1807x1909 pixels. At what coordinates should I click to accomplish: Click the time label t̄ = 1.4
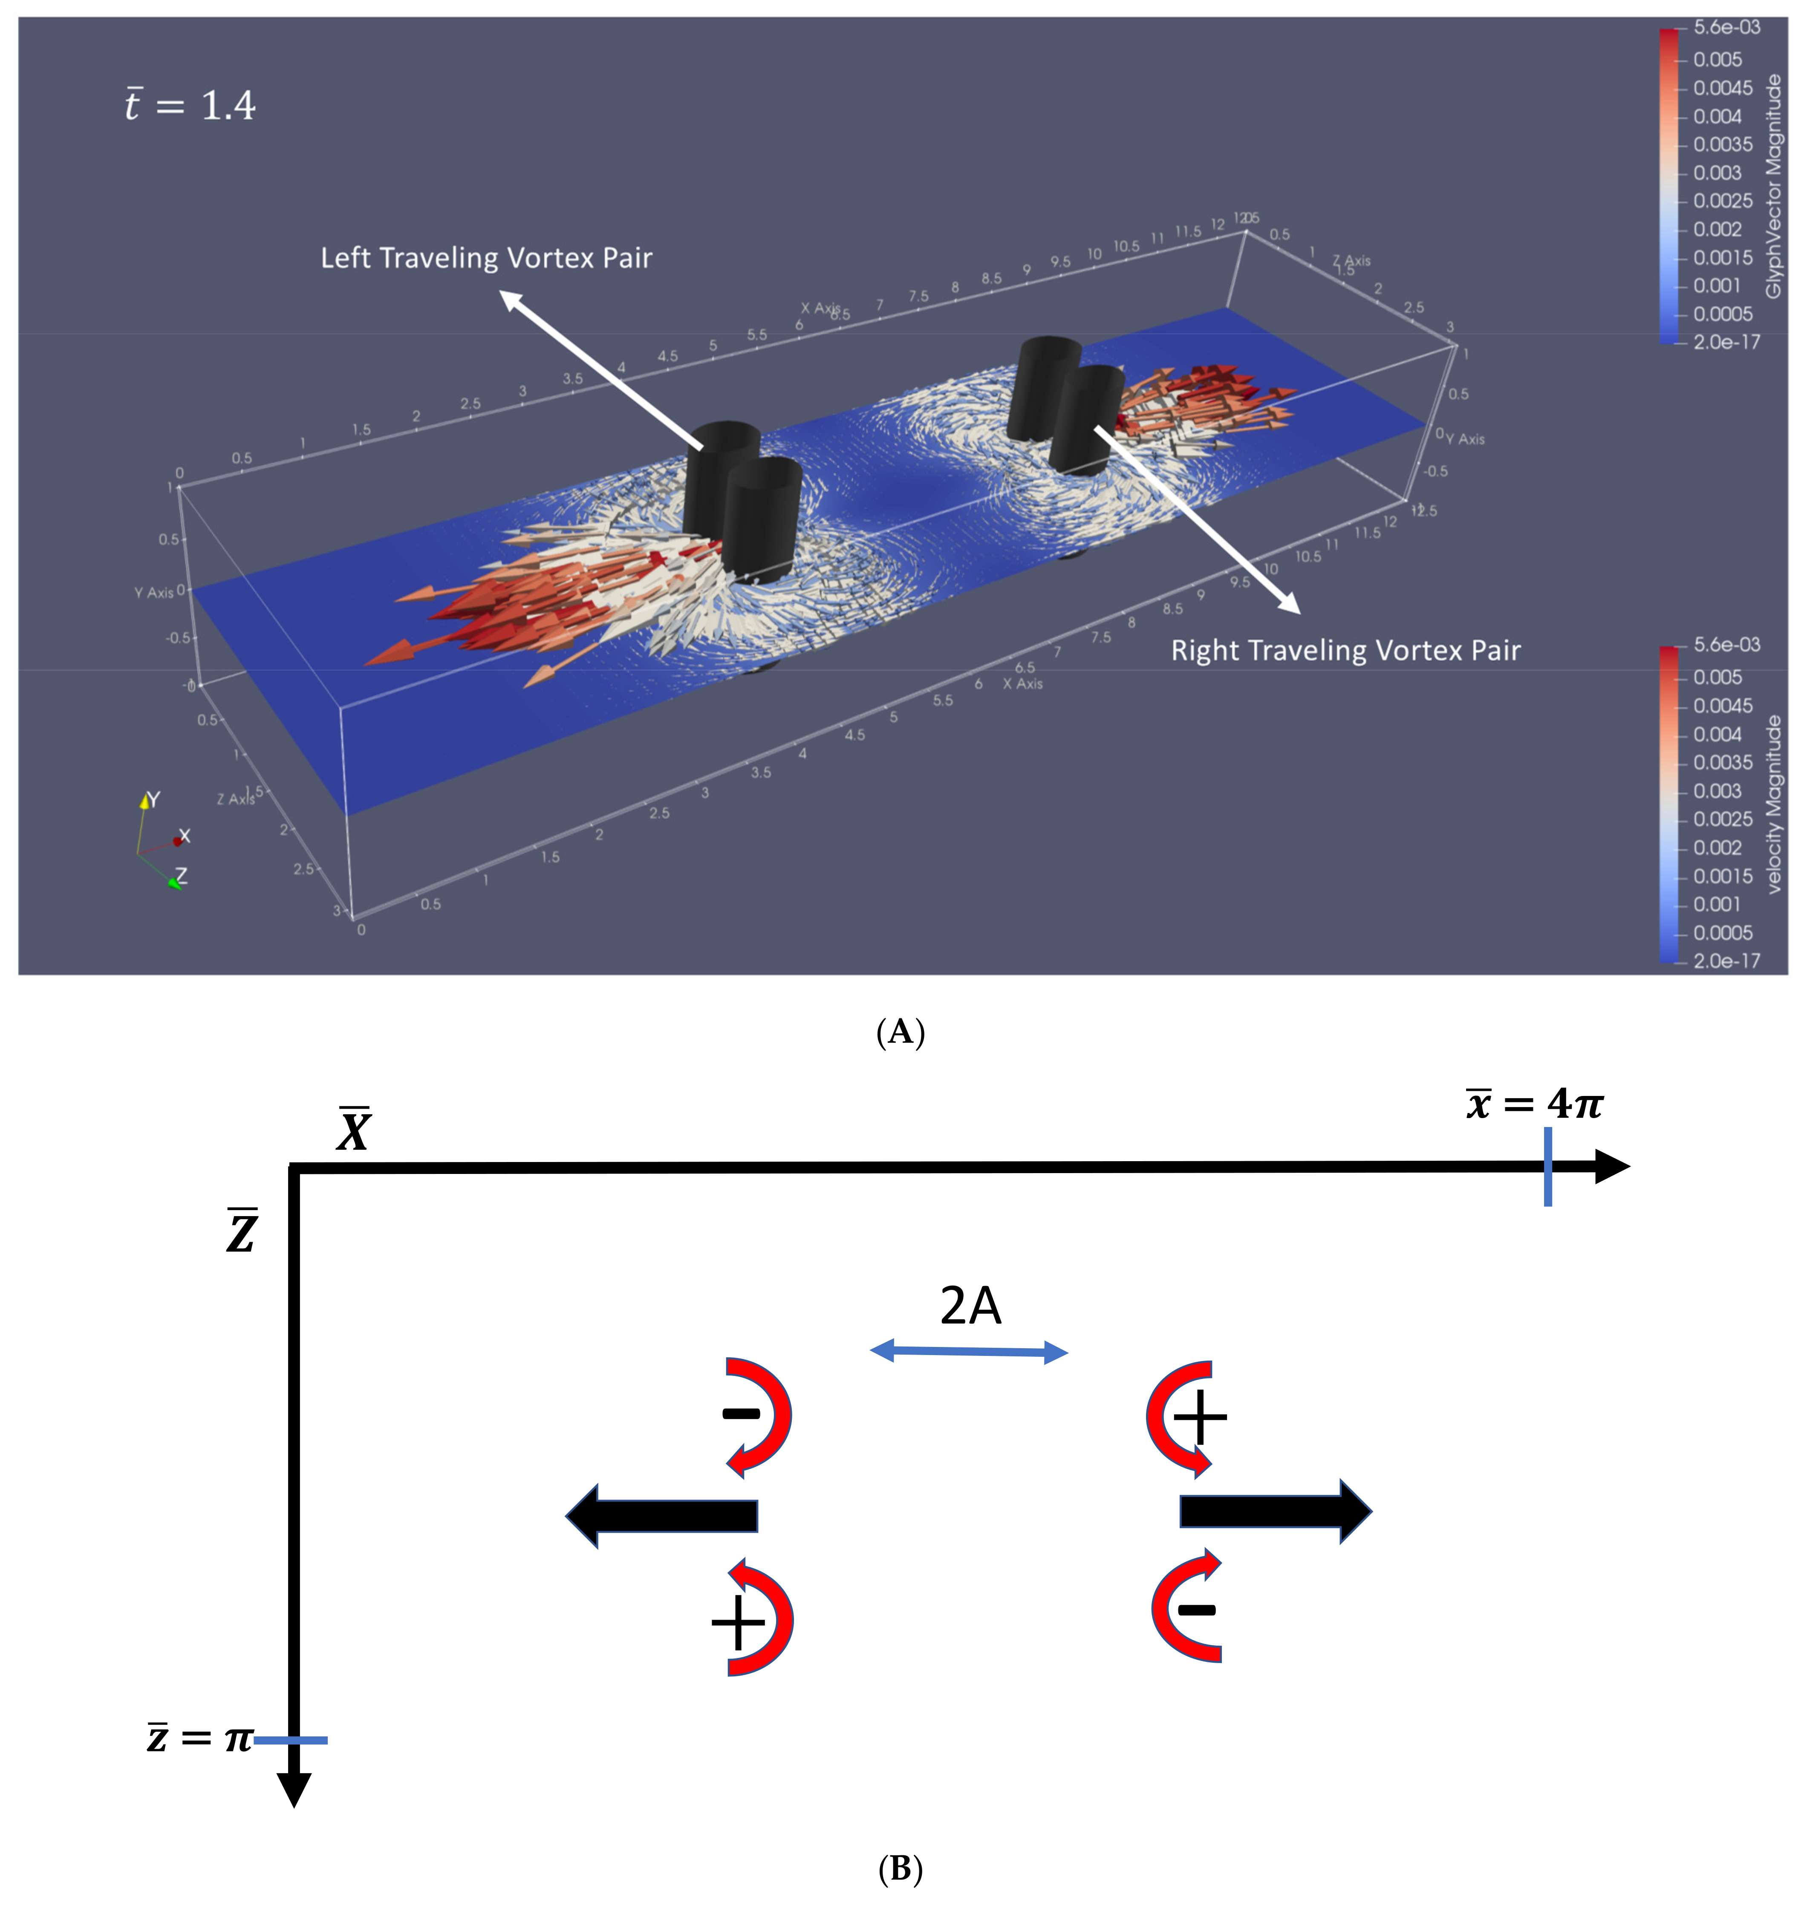coord(190,105)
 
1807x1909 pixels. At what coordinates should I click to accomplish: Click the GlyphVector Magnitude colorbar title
coord(1773,186)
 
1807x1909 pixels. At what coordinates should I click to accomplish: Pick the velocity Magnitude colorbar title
coord(1773,804)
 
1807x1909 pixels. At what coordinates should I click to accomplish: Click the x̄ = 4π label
coord(1533,1104)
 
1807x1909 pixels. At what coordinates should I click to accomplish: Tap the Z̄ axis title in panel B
coord(242,1232)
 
